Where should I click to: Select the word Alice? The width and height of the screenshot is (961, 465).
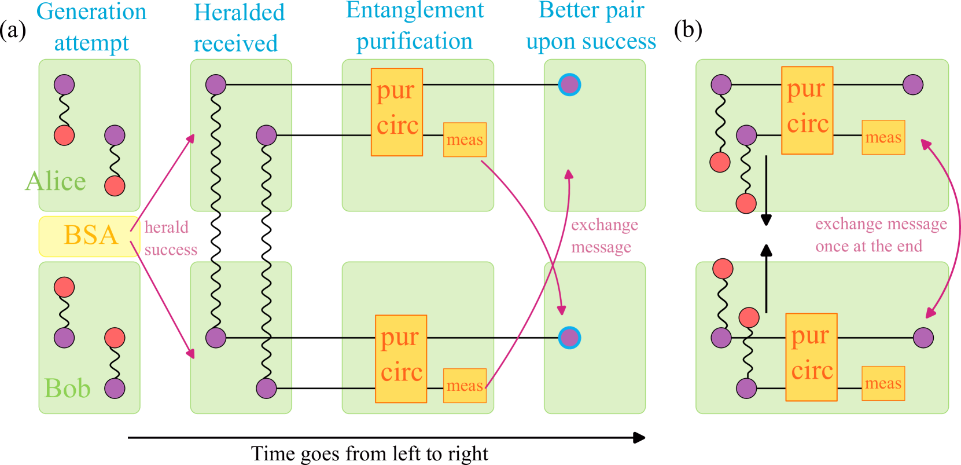click(x=56, y=181)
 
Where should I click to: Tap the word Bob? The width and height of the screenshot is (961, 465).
click(x=67, y=389)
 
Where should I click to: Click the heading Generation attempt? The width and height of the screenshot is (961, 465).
click(x=91, y=27)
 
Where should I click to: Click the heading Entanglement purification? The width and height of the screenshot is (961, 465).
click(x=414, y=26)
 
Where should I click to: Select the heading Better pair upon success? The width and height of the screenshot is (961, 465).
click(x=591, y=26)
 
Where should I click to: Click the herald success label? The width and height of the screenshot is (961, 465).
click(x=170, y=238)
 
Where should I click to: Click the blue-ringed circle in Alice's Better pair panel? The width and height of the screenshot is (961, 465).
click(x=569, y=85)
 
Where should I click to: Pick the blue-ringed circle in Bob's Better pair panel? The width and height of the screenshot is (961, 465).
click(x=569, y=338)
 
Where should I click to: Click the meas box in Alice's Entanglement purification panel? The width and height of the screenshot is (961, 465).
click(x=465, y=140)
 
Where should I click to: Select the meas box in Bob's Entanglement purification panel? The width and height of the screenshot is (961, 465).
click(x=465, y=386)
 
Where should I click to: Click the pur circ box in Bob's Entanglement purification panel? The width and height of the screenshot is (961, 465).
click(x=401, y=358)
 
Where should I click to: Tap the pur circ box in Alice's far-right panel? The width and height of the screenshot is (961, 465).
click(x=807, y=110)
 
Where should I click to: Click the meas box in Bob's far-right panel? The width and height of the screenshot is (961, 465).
click(x=883, y=383)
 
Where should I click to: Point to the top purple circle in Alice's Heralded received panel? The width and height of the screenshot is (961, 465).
click(x=216, y=85)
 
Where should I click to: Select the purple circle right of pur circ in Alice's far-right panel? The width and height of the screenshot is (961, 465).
click(x=913, y=85)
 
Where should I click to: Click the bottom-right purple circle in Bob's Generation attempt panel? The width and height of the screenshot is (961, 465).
click(x=115, y=388)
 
